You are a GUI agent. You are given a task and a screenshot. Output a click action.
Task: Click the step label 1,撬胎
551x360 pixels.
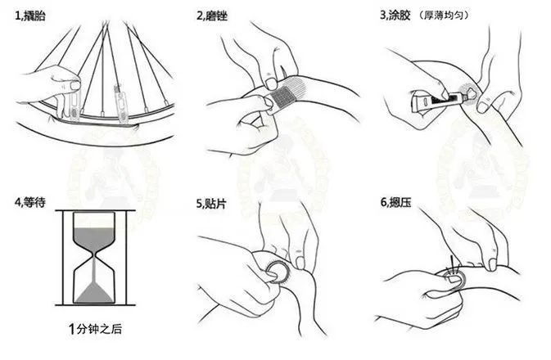(x=30, y=16)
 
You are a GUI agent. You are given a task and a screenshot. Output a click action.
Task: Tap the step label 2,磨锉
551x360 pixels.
(x=212, y=16)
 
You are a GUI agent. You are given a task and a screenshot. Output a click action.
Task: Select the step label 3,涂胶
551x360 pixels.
(x=395, y=15)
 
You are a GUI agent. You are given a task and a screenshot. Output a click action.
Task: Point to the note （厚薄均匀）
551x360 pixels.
(x=444, y=15)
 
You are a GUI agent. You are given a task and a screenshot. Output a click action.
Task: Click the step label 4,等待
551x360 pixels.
(x=30, y=203)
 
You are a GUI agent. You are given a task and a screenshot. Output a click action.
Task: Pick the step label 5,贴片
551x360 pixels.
(x=211, y=204)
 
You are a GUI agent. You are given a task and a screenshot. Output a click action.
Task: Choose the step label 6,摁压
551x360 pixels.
(x=395, y=203)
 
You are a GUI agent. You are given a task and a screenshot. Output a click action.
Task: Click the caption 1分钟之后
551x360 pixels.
(x=95, y=329)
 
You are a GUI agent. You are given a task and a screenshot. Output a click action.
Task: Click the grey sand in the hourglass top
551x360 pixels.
(x=94, y=239)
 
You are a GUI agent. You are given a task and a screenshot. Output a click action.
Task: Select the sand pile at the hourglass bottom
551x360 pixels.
(x=94, y=292)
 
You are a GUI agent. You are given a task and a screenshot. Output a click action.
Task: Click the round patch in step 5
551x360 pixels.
(x=278, y=272)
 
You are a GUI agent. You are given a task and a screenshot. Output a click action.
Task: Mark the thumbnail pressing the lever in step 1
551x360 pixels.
(x=75, y=85)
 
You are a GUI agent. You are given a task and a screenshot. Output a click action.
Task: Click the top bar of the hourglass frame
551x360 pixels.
(x=95, y=211)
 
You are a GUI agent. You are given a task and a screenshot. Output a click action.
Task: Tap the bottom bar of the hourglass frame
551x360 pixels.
(x=95, y=305)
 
